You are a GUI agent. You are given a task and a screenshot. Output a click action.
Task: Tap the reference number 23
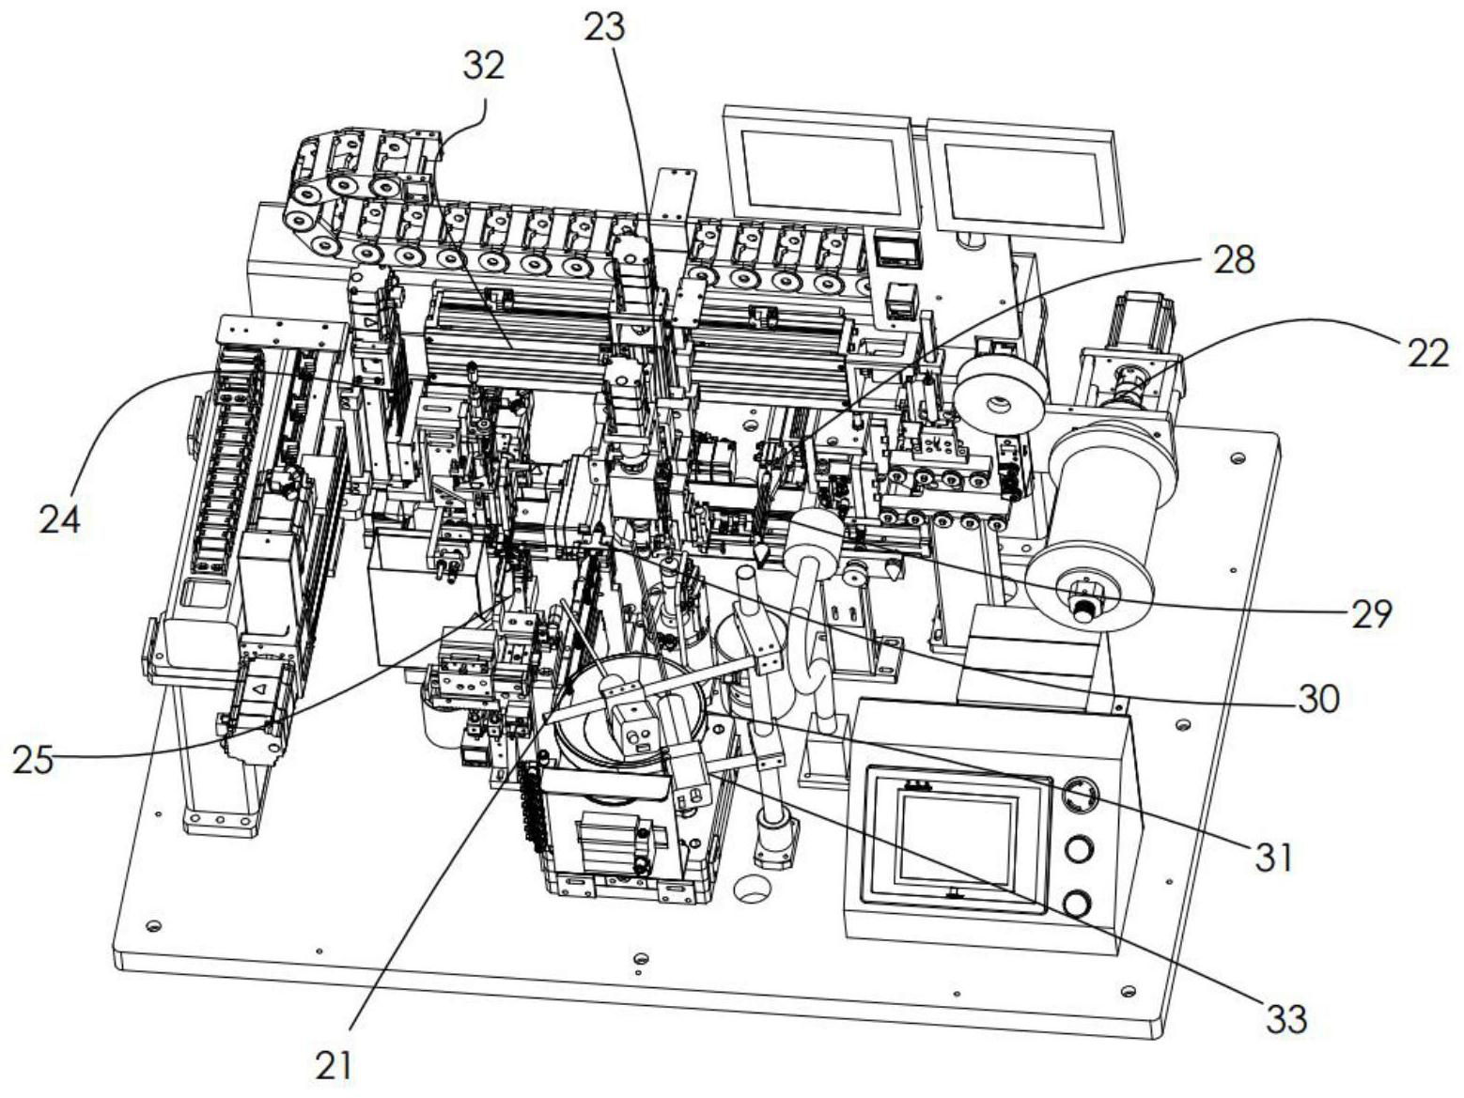pos(604,29)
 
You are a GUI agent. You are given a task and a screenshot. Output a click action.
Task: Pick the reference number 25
pos(33,760)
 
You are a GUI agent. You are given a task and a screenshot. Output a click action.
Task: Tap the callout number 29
pos(1371,612)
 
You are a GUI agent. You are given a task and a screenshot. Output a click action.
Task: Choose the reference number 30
pos(1318,700)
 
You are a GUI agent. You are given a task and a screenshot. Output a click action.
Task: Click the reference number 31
pos(1273,858)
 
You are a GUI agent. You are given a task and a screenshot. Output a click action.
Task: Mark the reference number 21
pos(334,1066)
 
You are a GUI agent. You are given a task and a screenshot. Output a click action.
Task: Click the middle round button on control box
pos(1079,849)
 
